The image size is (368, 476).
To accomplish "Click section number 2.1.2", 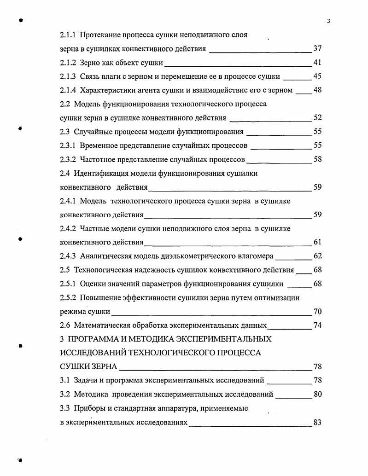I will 69,63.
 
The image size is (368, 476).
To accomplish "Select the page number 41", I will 317,63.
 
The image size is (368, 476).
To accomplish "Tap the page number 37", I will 317,49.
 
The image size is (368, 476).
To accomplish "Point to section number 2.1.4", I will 69,90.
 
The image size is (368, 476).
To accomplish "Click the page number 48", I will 317,90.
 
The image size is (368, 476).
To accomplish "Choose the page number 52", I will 317,118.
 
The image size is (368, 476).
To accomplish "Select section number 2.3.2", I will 69,159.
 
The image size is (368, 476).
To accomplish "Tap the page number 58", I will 317,159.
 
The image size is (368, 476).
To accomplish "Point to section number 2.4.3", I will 69,256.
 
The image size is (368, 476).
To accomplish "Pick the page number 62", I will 317,256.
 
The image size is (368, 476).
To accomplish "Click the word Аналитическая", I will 104,256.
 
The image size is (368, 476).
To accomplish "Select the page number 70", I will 317,312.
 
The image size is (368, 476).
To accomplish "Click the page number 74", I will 317,325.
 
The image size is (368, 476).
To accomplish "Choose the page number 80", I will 317,395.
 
